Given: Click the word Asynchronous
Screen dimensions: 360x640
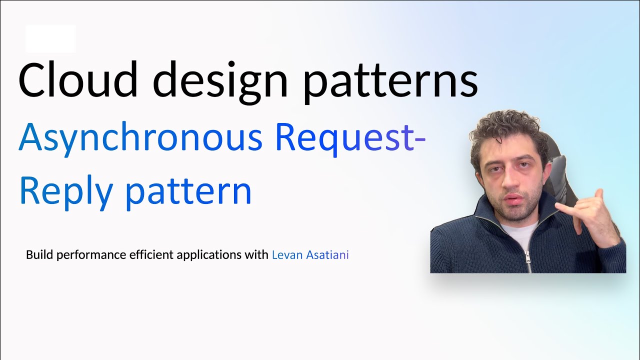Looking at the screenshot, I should [140, 137].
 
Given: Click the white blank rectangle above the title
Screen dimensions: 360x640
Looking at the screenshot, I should [50, 38].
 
